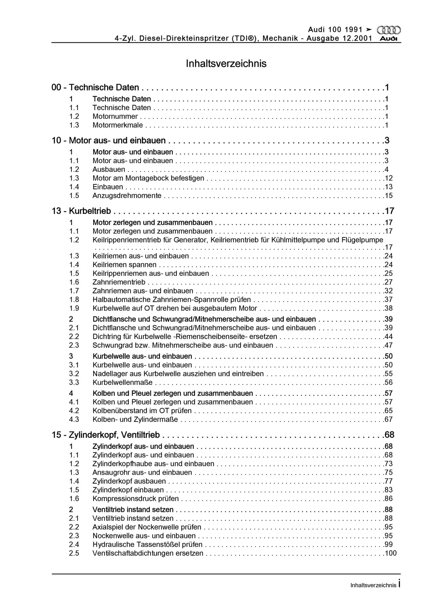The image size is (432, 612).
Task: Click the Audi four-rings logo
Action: click(x=389, y=30)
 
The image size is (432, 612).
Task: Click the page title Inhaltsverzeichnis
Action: click(x=226, y=64)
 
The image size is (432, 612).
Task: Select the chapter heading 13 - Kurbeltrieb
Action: click(x=81, y=211)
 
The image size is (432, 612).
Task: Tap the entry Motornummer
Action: click(x=115, y=117)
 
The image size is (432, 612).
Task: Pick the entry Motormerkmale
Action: click(x=117, y=125)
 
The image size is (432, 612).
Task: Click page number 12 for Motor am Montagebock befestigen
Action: click(x=389, y=178)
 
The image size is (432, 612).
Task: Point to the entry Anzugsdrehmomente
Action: click(x=127, y=196)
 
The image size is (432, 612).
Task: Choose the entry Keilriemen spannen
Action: click(x=124, y=265)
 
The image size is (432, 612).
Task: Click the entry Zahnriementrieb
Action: click(x=119, y=282)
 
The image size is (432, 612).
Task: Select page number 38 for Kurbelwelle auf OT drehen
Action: click(x=389, y=308)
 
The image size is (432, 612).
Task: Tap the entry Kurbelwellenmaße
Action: click(x=122, y=382)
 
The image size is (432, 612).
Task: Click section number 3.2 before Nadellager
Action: click(x=74, y=374)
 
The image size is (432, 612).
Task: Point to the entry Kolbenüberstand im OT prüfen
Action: click(x=142, y=411)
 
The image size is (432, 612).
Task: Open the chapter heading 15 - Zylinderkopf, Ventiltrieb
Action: click(x=106, y=435)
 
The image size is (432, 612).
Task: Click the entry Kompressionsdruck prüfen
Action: click(x=136, y=499)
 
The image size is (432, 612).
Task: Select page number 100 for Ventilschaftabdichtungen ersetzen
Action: click(x=391, y=553)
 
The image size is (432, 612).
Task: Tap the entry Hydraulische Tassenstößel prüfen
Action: click(x=147, y=544)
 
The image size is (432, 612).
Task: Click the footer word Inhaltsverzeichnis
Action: click(x=373, y=585)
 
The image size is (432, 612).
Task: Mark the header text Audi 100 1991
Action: click(x=335, y=30)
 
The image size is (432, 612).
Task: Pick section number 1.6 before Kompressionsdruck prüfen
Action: click(x=74, y=499)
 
